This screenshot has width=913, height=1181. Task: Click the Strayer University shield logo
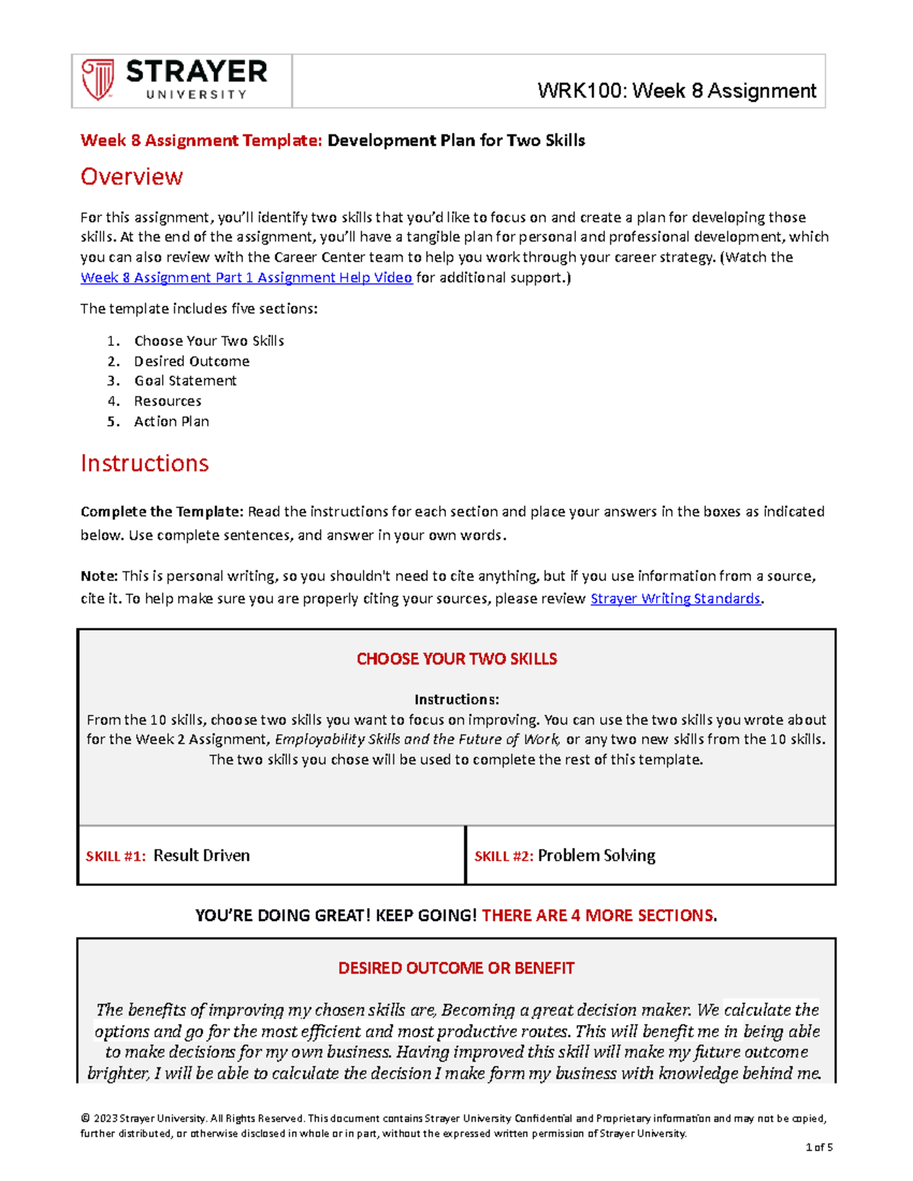click(x=98, y=80)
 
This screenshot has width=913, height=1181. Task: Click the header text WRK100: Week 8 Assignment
click(x=676, y=91)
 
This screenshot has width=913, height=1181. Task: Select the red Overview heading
click(x=132, y=176)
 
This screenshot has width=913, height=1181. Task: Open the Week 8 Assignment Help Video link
click(x=247, y=278)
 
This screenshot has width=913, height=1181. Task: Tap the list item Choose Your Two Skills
click(x=209, y=341)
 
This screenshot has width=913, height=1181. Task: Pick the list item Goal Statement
click(x=185, y=381)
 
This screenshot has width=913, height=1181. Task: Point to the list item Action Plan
click(x=171, y=421)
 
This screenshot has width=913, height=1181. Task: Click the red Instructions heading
click(x=145, y=463)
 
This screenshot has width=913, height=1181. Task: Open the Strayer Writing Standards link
click(x=676, y=598)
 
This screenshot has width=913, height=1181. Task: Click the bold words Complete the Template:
click(x=162, y=512)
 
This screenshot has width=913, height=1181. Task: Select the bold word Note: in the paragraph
click(x=99, y=576)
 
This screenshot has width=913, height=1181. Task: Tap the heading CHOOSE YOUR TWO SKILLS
click(x=456, y=659)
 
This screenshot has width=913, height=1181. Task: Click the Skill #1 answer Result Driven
click(x=202, y=856)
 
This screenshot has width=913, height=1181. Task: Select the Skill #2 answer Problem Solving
click(x=596, y=856)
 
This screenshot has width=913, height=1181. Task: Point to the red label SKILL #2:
click(x=504, y=856)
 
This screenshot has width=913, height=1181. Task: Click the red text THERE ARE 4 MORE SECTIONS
click(x=599, y=916)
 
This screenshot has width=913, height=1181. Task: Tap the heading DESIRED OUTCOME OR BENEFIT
click(x=456, y=968)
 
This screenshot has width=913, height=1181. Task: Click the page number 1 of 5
click(x=819, y=1148)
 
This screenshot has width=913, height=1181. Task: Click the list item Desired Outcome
click(x=192, y=361)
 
